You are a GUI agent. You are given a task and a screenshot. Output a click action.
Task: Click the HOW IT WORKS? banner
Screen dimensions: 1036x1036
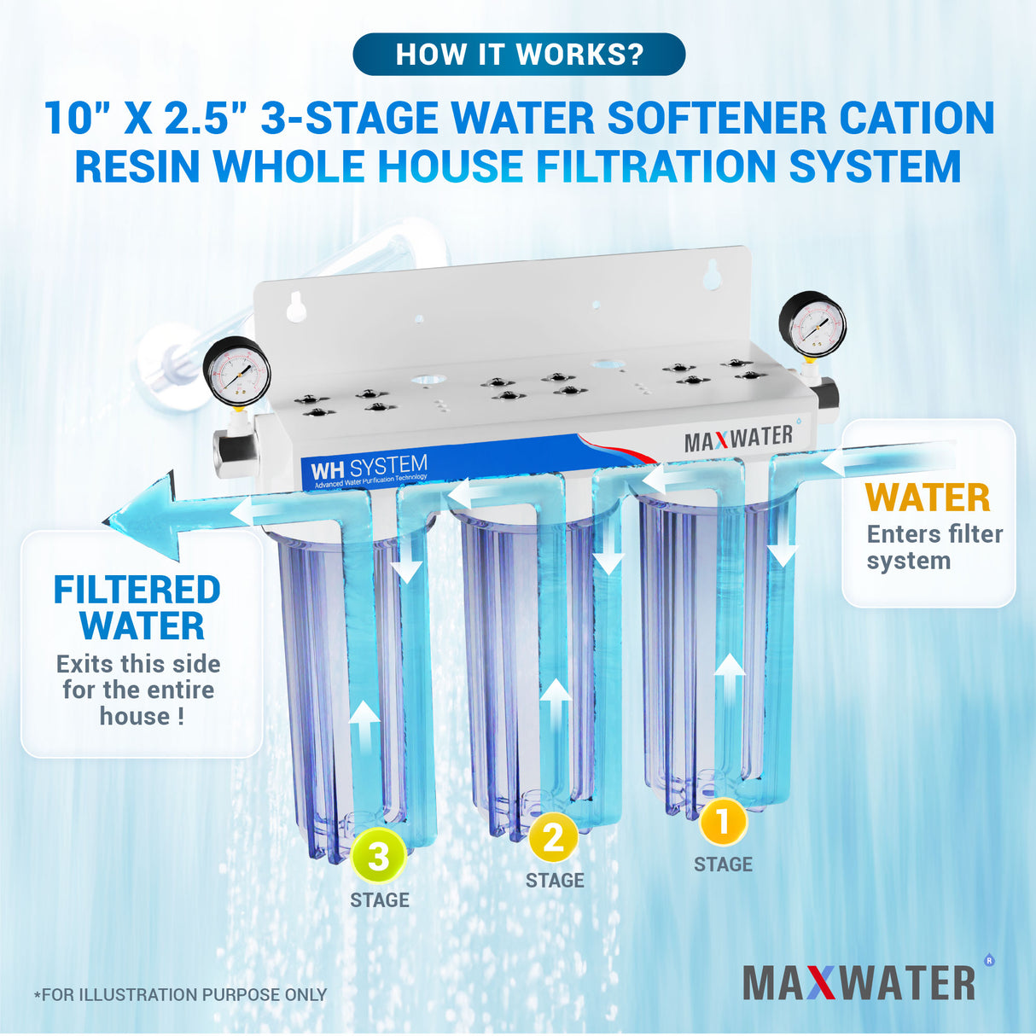pos(519,55)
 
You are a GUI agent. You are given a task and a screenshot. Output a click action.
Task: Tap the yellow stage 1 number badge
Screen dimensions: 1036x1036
pos(723,823)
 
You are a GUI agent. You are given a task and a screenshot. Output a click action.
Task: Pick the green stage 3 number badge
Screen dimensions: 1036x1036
pos(379,856)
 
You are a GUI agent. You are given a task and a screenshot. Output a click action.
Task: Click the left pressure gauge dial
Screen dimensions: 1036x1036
pos(237,372)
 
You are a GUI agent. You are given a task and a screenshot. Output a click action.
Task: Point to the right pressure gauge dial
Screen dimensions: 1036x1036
pos(812,325)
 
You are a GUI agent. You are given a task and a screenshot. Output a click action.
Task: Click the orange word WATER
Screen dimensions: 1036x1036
pos(928,498)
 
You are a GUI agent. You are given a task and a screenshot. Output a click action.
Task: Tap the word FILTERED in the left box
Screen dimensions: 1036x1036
pos(137,591)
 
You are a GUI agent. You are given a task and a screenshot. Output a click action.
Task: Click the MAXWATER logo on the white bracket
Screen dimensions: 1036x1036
pos(738,439)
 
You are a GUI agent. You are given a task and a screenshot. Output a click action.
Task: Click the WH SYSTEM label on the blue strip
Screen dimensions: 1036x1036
pos(368,469)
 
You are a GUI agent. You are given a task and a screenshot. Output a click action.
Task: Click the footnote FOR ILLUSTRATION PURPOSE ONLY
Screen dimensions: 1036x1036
pos(180,995)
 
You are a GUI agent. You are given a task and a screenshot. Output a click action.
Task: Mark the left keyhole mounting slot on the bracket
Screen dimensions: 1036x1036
pos(296,307)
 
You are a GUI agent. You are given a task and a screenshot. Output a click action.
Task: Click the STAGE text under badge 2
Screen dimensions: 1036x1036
pos(555,881)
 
